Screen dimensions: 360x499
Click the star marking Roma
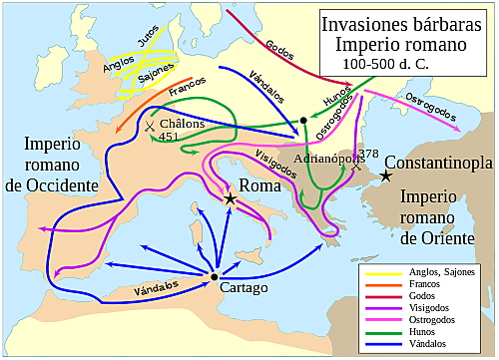coord(231,199)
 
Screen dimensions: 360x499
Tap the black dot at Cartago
coord(215,276)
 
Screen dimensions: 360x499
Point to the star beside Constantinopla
coord(386,177)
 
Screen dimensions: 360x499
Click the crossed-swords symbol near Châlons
coord(149,127)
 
